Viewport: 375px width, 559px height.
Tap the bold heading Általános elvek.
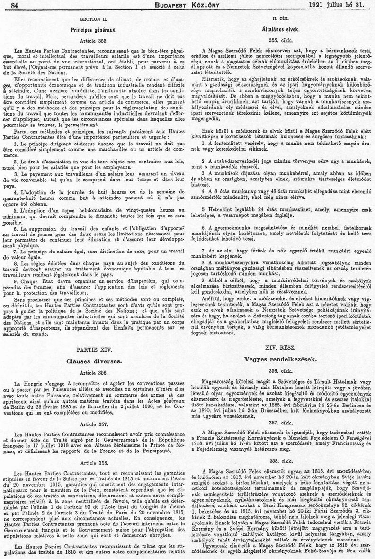pos(276,29)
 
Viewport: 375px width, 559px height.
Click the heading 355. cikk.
pos(276,40)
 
